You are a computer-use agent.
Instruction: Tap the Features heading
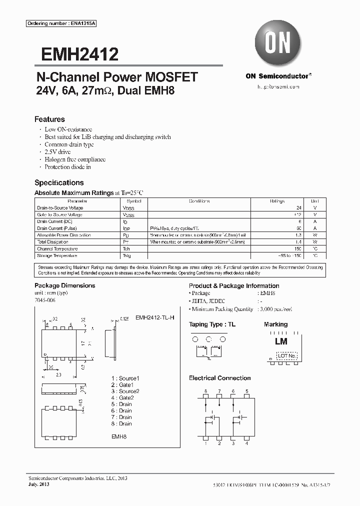click(x=49, y=119)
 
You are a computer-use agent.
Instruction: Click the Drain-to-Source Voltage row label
click(x=60, y=207)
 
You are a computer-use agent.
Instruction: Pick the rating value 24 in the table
click(x=299, y=207)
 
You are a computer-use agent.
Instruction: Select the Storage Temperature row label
click(x=57, y=255)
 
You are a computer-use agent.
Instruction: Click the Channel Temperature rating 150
click(x=297, y=248)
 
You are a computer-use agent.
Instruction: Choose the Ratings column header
click(x=277, y=201)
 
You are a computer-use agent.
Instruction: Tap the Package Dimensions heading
click(x=64, y=285)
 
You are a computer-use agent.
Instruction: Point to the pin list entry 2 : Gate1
click(x=122, y=385)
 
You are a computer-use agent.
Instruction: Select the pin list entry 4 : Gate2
click(x=122, y=398)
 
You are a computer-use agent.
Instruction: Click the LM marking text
click(x=281, y=341)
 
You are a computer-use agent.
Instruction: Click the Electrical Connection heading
click(x=219, y=378)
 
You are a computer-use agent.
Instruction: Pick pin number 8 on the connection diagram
click(x=205, y=391)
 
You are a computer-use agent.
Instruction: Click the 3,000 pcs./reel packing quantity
click(x=275, y=309)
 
